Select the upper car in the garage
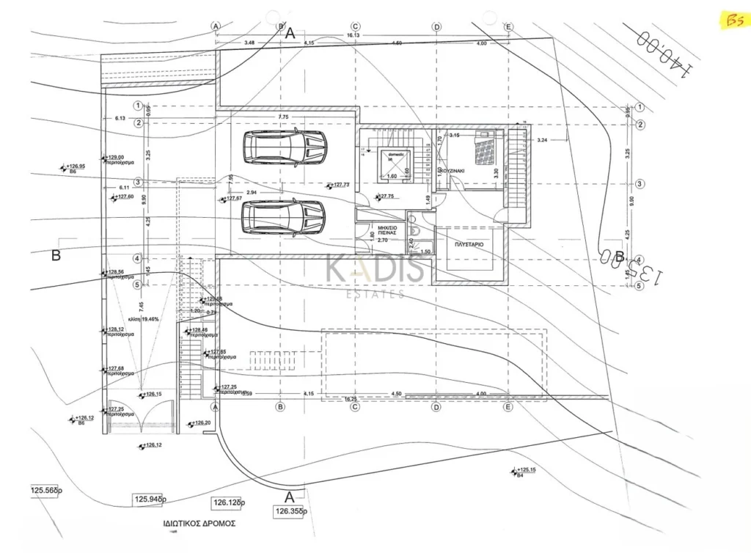pyautogui.click(x=283, y=149)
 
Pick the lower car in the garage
pyautogui.click(x=283, y=218)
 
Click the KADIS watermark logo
pyautogui.click(x=375, y=271)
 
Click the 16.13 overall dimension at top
pyautogui.click(x=354, y=34)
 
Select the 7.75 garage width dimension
pyautogui.click(x=285, y=117)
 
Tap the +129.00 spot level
pyautogui.click(x=116, y=158)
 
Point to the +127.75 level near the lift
pyautogui.click(x=387, y=197)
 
